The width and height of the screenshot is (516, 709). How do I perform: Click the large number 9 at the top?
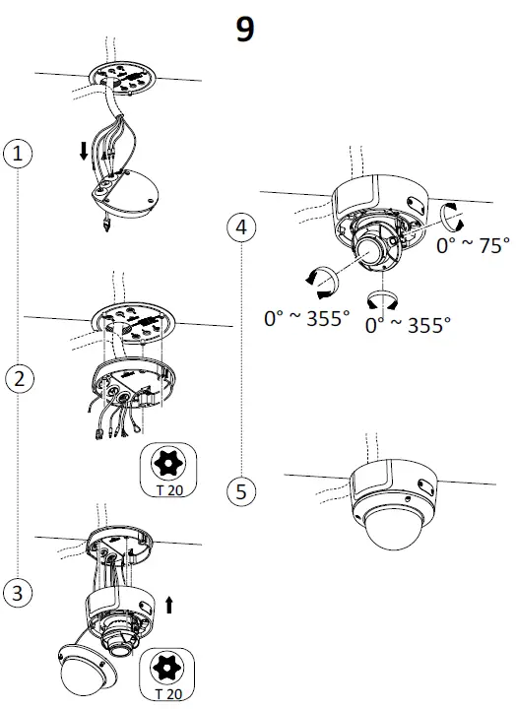pos(246,29)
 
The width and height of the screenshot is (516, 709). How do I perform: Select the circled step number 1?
pos(17,153)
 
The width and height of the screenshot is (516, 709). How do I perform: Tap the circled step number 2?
pos(17,376)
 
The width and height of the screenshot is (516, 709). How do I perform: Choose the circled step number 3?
pos(17,592)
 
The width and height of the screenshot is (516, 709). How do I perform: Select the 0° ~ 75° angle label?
pos(473,246)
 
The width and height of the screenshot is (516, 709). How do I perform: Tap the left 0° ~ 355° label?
pos(307,318)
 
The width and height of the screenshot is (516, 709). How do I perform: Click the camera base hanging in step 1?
pos(130,194)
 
